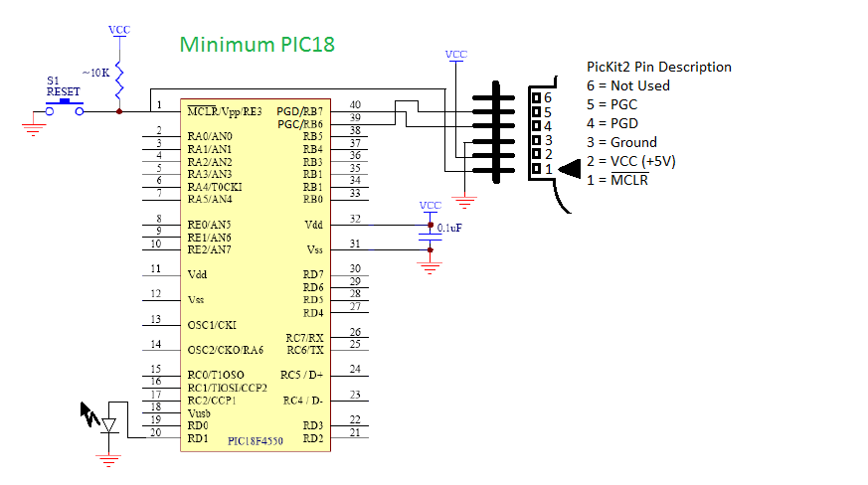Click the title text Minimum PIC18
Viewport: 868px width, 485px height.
[257, 45]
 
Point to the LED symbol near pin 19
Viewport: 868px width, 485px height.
[110, 425]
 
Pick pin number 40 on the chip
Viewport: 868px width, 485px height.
[355, 104]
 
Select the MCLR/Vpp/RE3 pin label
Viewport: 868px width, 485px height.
[226, 111]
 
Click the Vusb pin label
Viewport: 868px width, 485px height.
[199, 412]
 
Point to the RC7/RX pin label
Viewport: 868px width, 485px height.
[304, 338]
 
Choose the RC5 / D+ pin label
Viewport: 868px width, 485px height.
[302, 375]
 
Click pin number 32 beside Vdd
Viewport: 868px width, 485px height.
[355, 219]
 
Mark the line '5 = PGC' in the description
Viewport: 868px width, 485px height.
[611, 104]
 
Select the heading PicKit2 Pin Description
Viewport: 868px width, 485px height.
[658, 67]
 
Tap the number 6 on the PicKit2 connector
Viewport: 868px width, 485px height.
[547, 97]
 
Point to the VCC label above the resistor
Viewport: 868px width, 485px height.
[119, 31]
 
